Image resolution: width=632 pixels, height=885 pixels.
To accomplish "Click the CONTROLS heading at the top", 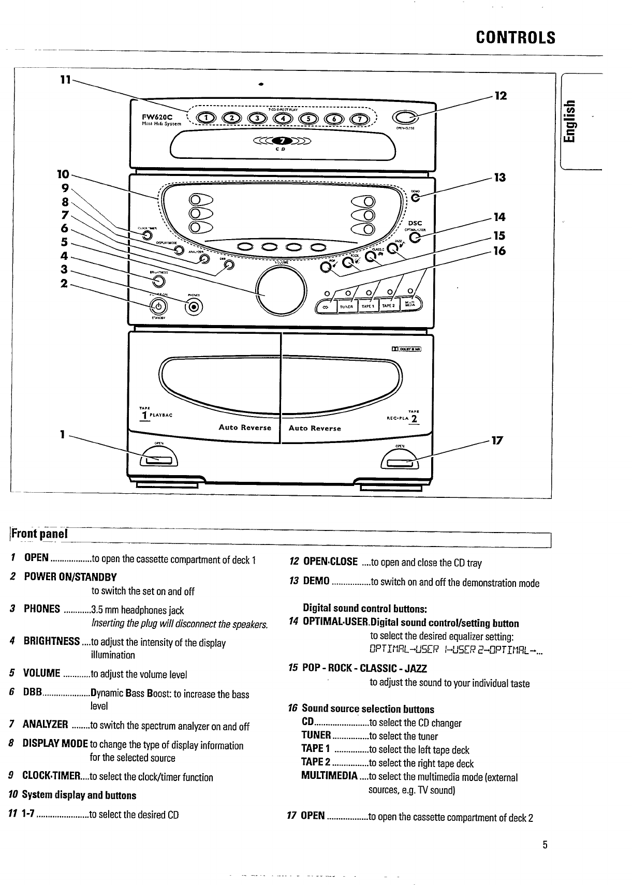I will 516,38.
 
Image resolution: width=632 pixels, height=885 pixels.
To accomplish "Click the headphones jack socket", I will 194,307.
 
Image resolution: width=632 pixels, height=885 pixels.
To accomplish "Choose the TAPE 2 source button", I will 389,306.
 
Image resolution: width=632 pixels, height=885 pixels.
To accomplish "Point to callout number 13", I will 499,178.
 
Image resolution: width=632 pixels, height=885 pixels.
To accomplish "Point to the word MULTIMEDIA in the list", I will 329,777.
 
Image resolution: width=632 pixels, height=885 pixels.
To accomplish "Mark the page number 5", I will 545,845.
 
